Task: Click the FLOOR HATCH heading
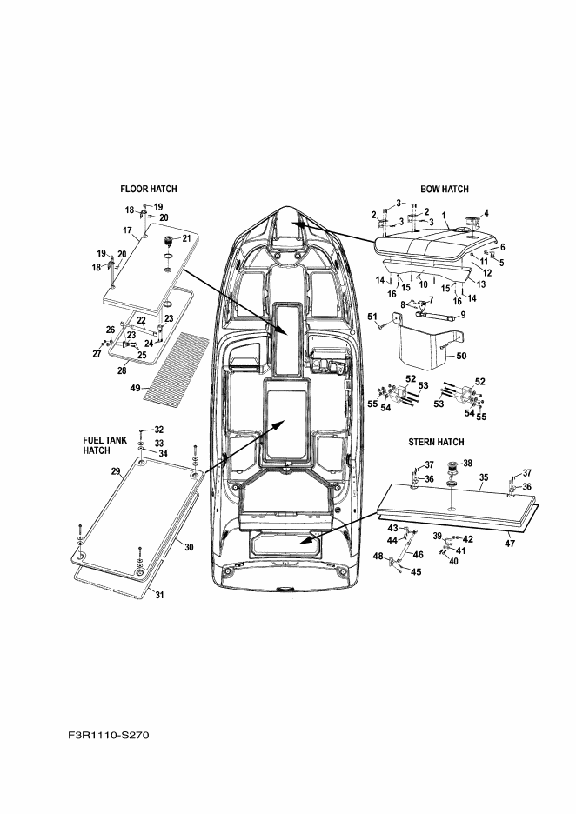tap(150, 188)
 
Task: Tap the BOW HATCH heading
tap(444, 188)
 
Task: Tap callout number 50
tap(461, 356)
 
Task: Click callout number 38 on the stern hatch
tap(468, 463)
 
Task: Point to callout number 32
tap(158, 430)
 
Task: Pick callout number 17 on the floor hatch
tap(126, 230)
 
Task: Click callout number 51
tap(372, 317)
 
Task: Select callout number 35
tap(484, 477)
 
